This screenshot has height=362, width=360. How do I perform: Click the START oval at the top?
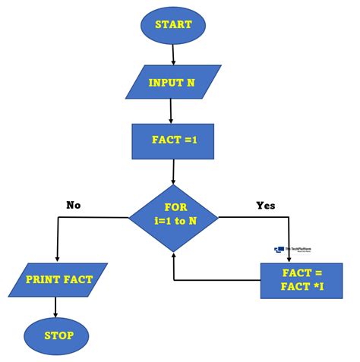173,24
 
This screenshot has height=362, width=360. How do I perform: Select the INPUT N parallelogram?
171,82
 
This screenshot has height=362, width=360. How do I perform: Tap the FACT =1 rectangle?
171,142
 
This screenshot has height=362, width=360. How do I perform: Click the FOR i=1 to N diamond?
174,219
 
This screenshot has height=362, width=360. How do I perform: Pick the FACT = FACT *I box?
302,280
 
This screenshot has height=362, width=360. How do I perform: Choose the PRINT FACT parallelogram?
58,279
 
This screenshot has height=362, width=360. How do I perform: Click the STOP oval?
56,334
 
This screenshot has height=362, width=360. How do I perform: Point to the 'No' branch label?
74,205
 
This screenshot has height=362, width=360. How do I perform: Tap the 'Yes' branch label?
265,205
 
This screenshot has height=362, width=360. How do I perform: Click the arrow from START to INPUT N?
174,54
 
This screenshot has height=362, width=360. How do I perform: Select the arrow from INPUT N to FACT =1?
171,111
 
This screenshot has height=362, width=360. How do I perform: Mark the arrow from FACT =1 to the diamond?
174,172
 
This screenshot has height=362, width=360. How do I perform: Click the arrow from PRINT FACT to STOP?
56,307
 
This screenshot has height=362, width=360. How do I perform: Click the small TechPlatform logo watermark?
292,250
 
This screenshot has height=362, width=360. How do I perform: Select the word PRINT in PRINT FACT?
43,279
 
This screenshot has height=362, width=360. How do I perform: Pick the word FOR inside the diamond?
175,206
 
